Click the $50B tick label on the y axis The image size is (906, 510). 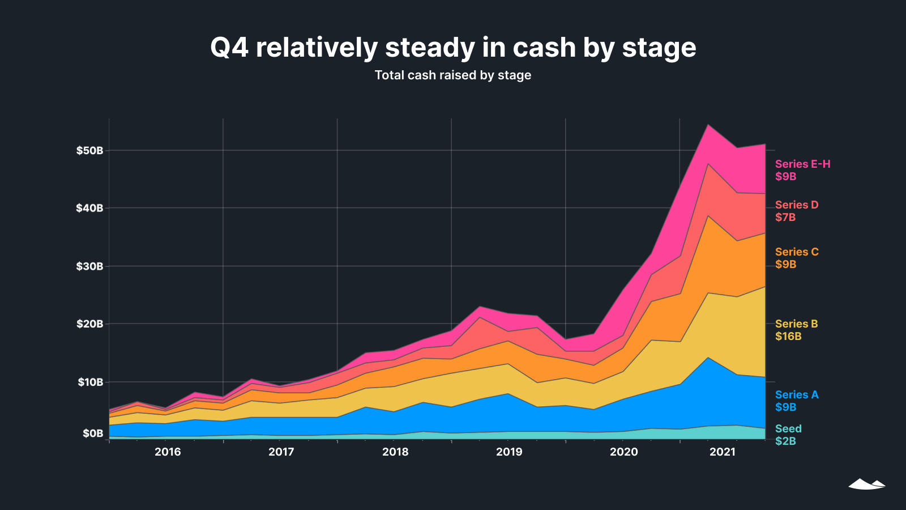click(x=89, y=151)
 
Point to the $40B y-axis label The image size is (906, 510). click(x=89, y=208)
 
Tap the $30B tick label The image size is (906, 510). click(x=89, y=266)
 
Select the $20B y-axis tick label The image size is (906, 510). click(x=89, y=324)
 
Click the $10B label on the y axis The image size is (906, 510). click(x=91, y=382)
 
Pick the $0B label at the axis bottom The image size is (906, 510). click(x=93, y=433)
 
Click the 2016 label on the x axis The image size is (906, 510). click(x=168, y=452)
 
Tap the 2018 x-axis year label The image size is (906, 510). click(x=395, y=452)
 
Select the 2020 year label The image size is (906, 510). click(x=623, y=452)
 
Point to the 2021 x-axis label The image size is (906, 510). click(x=723, y=452)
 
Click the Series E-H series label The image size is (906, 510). click(x=802, y=164)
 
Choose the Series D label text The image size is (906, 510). click(x=797, y=205)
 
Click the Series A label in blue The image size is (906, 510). click(x=797, y=394)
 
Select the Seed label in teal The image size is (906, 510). click(x=788, y=428)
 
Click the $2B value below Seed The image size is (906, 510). click(x=785, y=441)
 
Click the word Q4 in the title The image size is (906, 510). click(x=229, y=47)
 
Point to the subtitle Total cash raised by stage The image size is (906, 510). click(x=453, y=75)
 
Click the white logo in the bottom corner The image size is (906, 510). click(x=866, y=484)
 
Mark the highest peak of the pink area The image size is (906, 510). click(x=708, y=125)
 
